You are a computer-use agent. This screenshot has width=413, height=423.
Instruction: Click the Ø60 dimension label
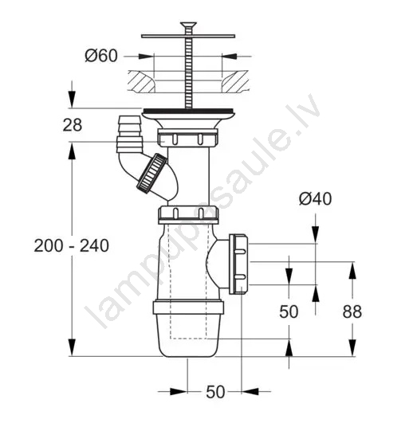(101, 56)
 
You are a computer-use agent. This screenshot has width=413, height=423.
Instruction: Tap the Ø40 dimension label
(315, 199)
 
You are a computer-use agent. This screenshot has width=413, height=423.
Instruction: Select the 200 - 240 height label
(72, 246)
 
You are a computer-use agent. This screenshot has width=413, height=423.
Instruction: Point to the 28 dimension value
(73, 125)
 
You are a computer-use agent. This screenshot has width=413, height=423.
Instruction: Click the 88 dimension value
(352, 311)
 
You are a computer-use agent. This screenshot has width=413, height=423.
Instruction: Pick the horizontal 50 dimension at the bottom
(215, 392)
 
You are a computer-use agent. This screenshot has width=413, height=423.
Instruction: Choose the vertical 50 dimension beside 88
(289, 311)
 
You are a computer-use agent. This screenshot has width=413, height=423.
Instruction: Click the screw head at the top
(188, 25)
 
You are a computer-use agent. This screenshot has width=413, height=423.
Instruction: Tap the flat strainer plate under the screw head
(188, 36)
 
